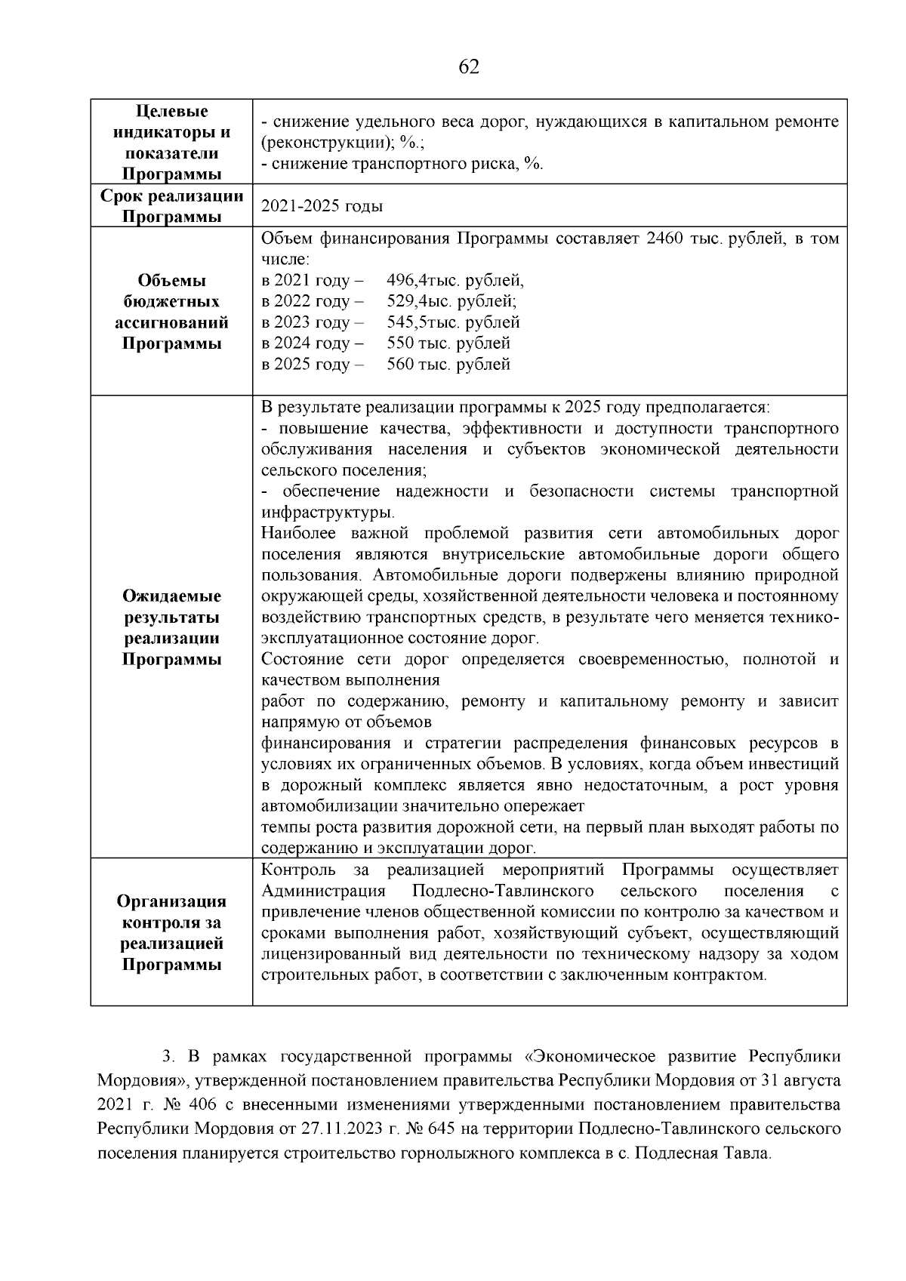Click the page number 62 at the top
[468, 67]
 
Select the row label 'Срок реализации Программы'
[172, 206]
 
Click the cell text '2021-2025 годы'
[322, 206]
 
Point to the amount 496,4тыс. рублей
[455, 281]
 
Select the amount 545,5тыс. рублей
[453, 323]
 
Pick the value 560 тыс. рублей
[448, 365]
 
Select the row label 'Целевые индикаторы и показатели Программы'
[172, 143]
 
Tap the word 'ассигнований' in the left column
[172, 323]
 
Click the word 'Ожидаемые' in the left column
[172, 596]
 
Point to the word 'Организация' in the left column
[172, 901]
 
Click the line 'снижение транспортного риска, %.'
[402, 165]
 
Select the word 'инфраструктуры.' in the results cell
[328, 513]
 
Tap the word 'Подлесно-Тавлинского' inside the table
[504, 891]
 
